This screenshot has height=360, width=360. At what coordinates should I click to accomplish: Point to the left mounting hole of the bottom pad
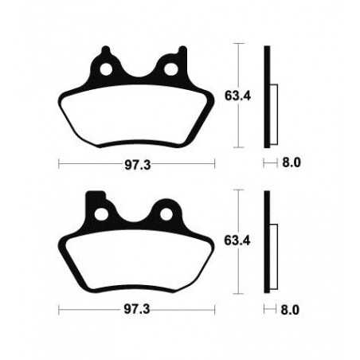click(102, 214)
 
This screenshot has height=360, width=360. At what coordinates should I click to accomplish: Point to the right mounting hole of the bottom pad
click(167, 214)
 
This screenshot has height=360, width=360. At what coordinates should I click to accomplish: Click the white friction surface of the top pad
click(136, 115)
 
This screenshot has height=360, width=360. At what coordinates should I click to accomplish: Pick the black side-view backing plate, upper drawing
click(268, 96)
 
